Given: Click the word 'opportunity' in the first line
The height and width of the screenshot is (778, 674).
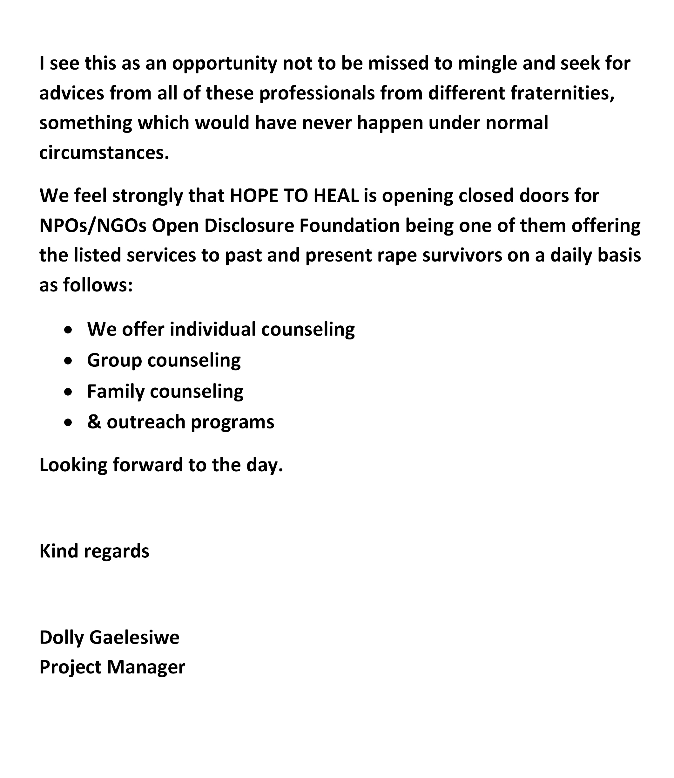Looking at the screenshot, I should pos(225,64).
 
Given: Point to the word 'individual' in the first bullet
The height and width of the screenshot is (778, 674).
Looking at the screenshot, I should pos(212,329).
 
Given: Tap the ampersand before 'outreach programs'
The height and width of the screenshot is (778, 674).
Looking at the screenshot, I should pos(94,422).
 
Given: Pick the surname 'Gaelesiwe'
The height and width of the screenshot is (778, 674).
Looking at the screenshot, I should pos(134,638).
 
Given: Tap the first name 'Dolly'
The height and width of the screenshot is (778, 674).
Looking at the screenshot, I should pos(61,638).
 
